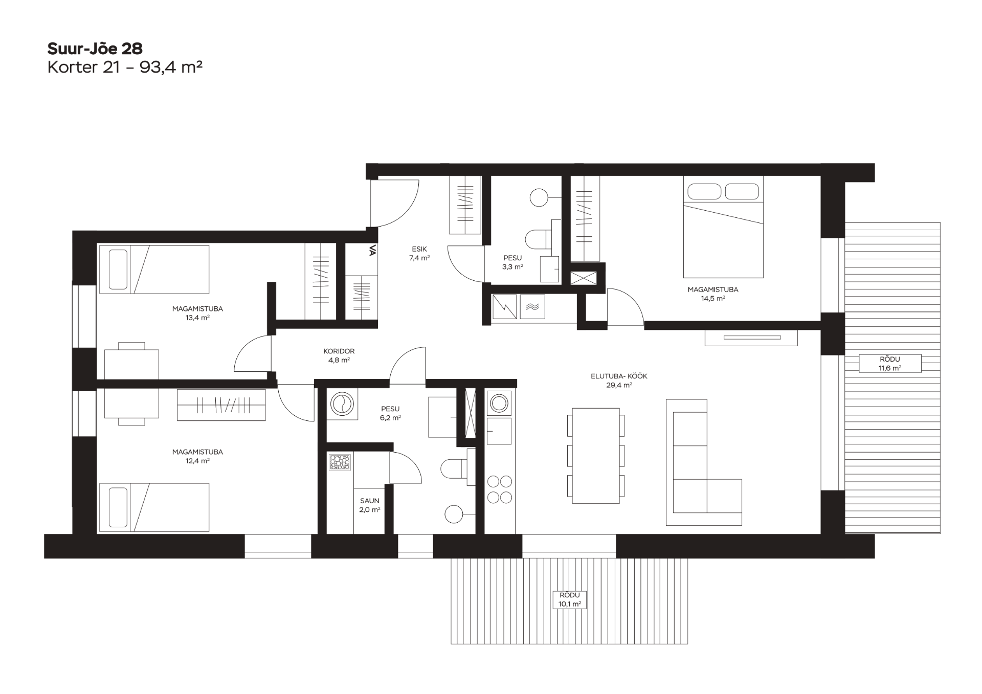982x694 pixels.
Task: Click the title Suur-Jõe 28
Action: click(x=95, y=49)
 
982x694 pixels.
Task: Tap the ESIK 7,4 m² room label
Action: click(x=419, y=254)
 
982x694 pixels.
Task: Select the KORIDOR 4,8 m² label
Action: click(x=339, y=355)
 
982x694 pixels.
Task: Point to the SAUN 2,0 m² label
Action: click(x=369, y=505)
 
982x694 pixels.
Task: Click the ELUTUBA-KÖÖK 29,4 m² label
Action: click(x=619, y=380)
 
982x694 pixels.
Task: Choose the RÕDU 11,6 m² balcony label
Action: click(x=890, y=364)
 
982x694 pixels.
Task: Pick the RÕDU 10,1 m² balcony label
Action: click(x=570, y=599)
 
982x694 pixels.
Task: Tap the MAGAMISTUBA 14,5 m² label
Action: click(x=712, y=294)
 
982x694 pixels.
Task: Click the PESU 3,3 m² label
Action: click(x=512, y=262)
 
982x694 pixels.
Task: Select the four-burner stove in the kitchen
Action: click(x=499, y=489)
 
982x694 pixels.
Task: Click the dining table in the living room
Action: click(x=596, y=456)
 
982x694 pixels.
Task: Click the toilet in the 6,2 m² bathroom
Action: click(x=455, y=468)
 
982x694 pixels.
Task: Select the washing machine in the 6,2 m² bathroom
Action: click(x=342, y=405)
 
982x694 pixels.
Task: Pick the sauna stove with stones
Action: click(x=339, y=462)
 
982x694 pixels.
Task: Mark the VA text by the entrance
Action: click(x=372, y=250)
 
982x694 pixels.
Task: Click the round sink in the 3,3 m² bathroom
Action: click(x=539, y=197)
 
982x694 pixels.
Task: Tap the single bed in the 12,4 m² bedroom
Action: click(x=154, y=507)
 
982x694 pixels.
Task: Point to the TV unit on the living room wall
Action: click(x=751, y=338)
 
